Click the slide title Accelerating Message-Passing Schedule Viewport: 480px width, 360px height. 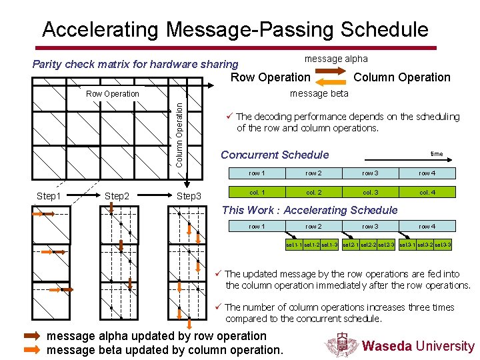[235, 29]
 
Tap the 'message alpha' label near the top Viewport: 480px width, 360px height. [335, 59]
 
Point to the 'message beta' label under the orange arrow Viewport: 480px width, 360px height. [319, 93]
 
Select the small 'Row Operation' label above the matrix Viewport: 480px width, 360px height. [113, 94]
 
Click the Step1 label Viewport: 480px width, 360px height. [49, 196]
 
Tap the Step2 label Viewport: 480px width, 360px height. [117, 196]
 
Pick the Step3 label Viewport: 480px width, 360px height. [189, 196]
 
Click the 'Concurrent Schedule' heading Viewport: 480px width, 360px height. [275, 155]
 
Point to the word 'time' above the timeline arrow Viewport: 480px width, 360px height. [437, 154]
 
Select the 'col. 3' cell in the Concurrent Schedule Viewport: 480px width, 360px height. [370, 193]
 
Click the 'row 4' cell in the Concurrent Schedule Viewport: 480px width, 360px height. [427, 173]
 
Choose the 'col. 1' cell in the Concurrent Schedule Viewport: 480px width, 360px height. [257, 193]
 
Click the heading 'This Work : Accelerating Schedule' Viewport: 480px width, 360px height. [309, 210]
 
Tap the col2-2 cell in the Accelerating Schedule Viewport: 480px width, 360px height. [369, 245]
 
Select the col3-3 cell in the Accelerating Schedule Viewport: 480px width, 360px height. [444, 245]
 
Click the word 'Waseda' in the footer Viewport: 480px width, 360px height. [387, 346]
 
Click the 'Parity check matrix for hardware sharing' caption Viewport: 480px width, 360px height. [135, 64]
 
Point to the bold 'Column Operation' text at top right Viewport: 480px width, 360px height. [401, 77]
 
